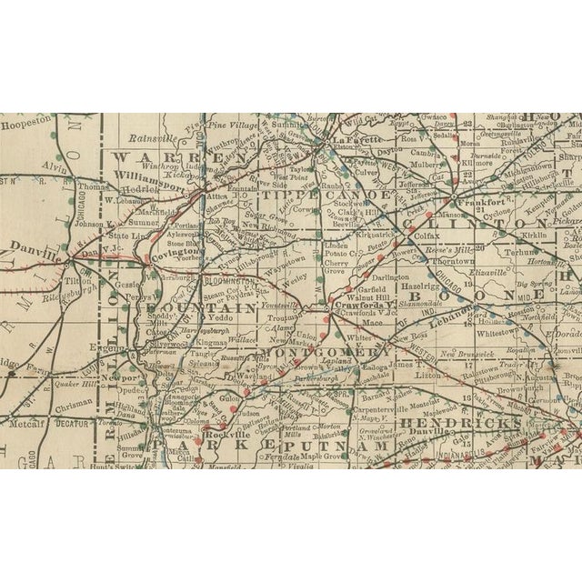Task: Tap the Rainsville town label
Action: click(x=156, y=139)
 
